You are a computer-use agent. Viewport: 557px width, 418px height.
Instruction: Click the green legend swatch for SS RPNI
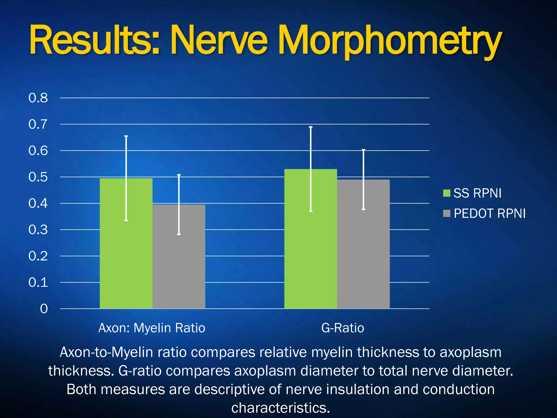coord(447,193)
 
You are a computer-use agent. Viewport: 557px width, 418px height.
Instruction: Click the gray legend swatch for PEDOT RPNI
coord(447,213)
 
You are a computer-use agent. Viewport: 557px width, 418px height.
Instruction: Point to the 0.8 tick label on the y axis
coord(38,98)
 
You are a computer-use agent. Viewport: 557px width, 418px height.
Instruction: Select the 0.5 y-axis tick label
coord(38,177)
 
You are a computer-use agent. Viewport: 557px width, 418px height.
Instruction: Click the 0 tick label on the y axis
coord(44,309)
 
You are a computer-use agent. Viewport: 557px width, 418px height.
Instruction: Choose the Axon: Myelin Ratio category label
coord(152,328)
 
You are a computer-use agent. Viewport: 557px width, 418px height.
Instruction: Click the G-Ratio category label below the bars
coord(343,328)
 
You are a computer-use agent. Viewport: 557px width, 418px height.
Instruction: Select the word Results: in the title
coord(94,41)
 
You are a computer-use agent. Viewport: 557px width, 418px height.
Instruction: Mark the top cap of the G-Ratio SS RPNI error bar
coord(311,127)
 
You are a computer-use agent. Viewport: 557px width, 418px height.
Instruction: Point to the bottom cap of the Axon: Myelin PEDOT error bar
coord(179,234)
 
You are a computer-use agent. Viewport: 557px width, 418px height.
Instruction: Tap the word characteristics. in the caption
coord(280,408)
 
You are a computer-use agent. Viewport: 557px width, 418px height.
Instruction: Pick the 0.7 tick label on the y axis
coord(38,124)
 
